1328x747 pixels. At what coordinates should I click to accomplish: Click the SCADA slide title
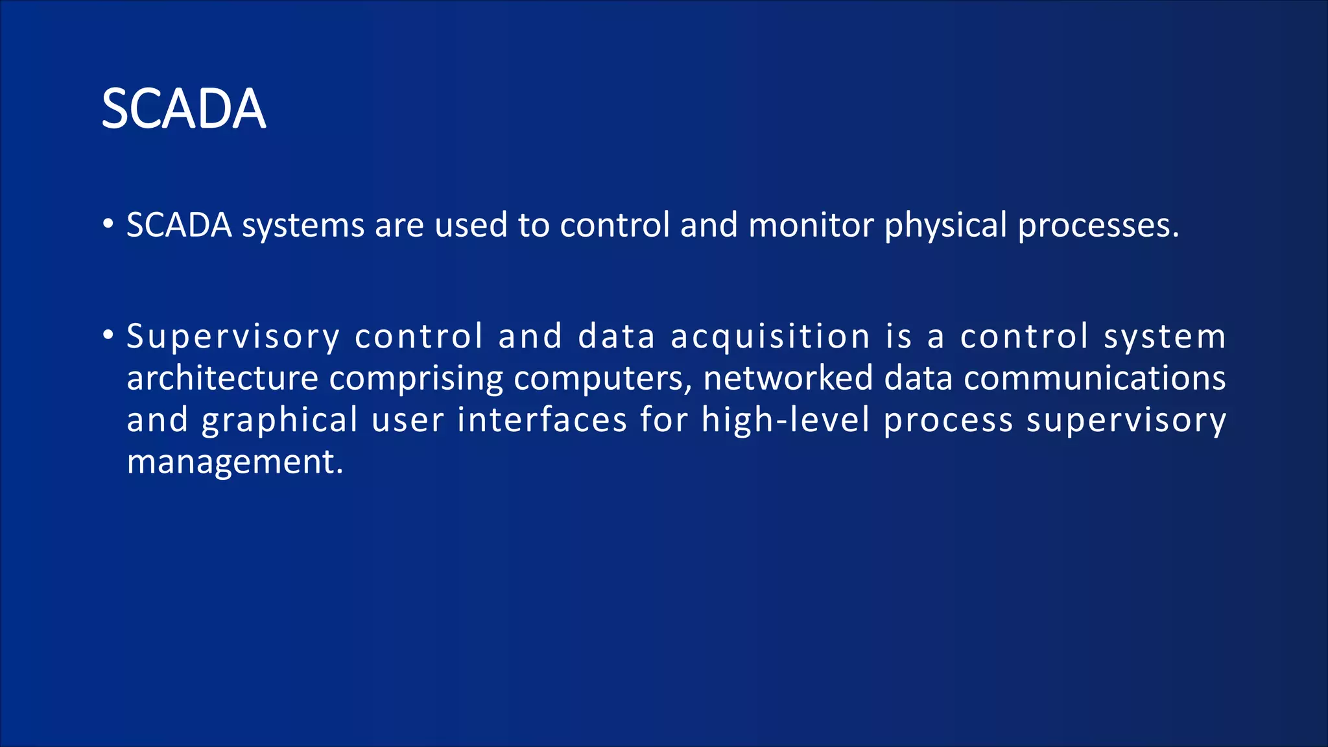click(184, 109)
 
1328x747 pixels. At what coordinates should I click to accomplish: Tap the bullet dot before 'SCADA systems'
click(108, 224)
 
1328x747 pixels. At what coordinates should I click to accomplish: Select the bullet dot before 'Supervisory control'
click(108, 335)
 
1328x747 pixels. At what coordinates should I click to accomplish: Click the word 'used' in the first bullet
click(471, 226)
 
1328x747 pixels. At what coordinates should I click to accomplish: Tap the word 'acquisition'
click(770, 337)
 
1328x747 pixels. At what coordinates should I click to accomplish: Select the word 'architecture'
click(222, 378)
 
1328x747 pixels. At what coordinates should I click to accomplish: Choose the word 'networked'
click(788, 378)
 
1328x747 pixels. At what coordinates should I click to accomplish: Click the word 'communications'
click(1095, 378)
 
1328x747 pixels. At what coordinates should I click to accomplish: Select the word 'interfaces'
click(542, 420)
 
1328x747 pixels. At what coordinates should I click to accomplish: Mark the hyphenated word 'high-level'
click(785, 420)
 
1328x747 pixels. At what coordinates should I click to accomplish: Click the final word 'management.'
click(235, 463)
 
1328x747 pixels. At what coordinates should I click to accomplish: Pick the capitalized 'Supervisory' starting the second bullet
click(233, 337)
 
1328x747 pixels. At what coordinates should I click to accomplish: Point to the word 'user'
click(408, 420)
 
